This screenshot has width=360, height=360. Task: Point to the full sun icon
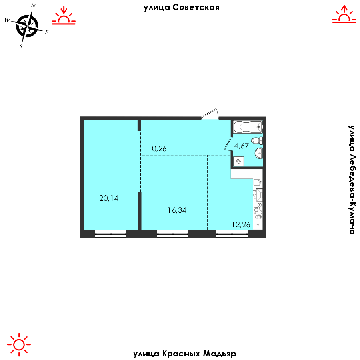pos(19,344)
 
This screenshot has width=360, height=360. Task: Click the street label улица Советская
pos(181,7)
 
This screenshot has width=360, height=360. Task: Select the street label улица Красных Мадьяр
pos(184,354)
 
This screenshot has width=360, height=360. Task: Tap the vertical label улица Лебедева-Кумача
pos(352,179)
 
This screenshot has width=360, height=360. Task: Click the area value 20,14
pos(109,198)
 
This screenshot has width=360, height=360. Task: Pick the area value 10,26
pos(157,148)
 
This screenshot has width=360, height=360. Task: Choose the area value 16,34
pos(177,210)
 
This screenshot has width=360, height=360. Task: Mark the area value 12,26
pos(241,224)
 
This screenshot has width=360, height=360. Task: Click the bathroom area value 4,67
pos(242,146)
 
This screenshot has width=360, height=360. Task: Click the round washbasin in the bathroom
pos(259,152)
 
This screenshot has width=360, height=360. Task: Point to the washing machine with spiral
pos(238,161)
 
